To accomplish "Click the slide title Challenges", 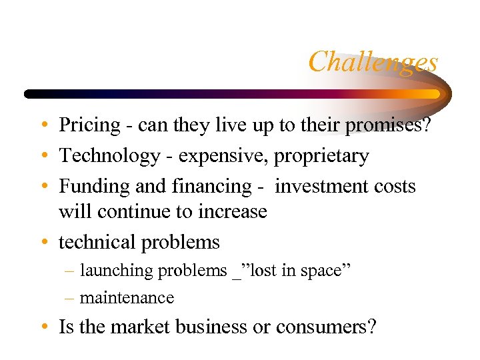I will click(373, 62).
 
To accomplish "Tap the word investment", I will click(317, 187).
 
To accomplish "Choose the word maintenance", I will click(127, 298).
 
